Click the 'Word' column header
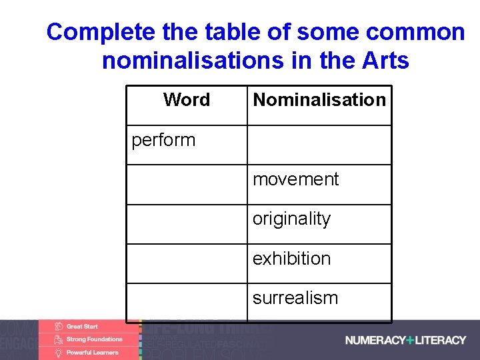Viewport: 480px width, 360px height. (x=187, y=100)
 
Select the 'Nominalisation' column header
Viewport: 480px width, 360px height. (x=319, y=100)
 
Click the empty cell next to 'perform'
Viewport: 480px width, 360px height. (x=319, y=145)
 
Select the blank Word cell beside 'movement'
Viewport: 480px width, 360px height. (x=187, y=184)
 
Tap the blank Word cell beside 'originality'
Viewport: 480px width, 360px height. (x=187, y=223)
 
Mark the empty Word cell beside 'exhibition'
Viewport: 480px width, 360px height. (x=187, y=263)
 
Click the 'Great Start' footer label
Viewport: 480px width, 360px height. (x=82, y=327)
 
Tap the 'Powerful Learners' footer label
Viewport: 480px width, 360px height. (x=92, y=352)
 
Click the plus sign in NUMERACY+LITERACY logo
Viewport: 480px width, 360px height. (x=410, y=340)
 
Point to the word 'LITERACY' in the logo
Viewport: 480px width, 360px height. (x=441, y=340)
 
